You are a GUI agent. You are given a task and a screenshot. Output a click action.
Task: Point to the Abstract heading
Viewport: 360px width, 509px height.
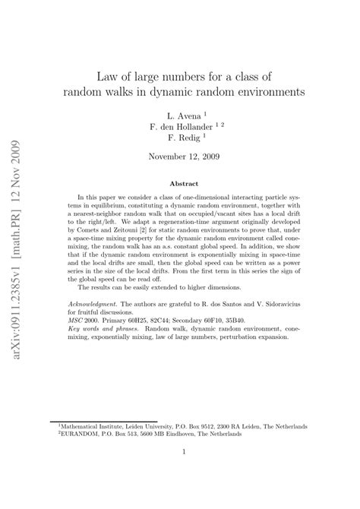[179, 183]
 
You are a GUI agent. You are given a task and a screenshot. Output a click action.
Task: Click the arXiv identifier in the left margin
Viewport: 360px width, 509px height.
[17, 220]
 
